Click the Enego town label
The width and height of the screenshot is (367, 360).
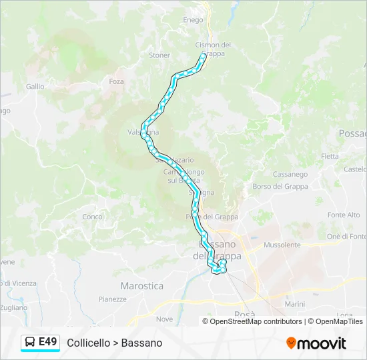coord(193,20)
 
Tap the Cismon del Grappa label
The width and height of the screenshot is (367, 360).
coord(213,49)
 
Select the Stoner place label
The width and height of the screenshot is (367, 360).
coord(159,55)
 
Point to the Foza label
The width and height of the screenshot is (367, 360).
coord(117,81)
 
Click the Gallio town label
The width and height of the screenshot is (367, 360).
coord(35,87)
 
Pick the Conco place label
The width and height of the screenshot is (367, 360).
coord(92,217)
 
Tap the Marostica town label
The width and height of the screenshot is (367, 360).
coord(141,286)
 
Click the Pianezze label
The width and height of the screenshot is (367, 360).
coord(112,299)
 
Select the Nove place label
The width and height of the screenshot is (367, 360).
coord(164,319)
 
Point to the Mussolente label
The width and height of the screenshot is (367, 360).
coord(282,245)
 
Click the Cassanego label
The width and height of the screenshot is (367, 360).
coord(290,175)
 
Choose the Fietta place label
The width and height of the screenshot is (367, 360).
coord(330,157)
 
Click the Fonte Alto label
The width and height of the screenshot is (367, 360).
coord(344,215)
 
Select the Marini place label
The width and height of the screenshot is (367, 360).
coord(294,304)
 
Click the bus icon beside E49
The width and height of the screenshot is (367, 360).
coord(30,343)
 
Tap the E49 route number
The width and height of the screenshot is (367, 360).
coord(48,342)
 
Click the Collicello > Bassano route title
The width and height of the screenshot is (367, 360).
coord(115,343)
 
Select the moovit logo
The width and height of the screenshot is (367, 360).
coord(316,343)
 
